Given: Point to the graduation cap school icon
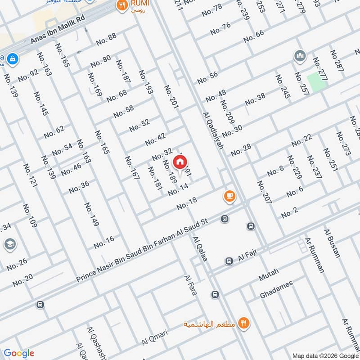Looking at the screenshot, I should pos(9,244).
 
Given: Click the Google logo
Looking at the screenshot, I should pos(19,353).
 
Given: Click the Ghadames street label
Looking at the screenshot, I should pos(276,290).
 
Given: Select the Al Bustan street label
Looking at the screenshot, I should pos(332,243).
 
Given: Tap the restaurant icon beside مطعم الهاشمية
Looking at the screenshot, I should pos(243,322).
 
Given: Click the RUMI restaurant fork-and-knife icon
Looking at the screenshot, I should pos(121,6).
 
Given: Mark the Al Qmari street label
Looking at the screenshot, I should pos(154,335).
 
